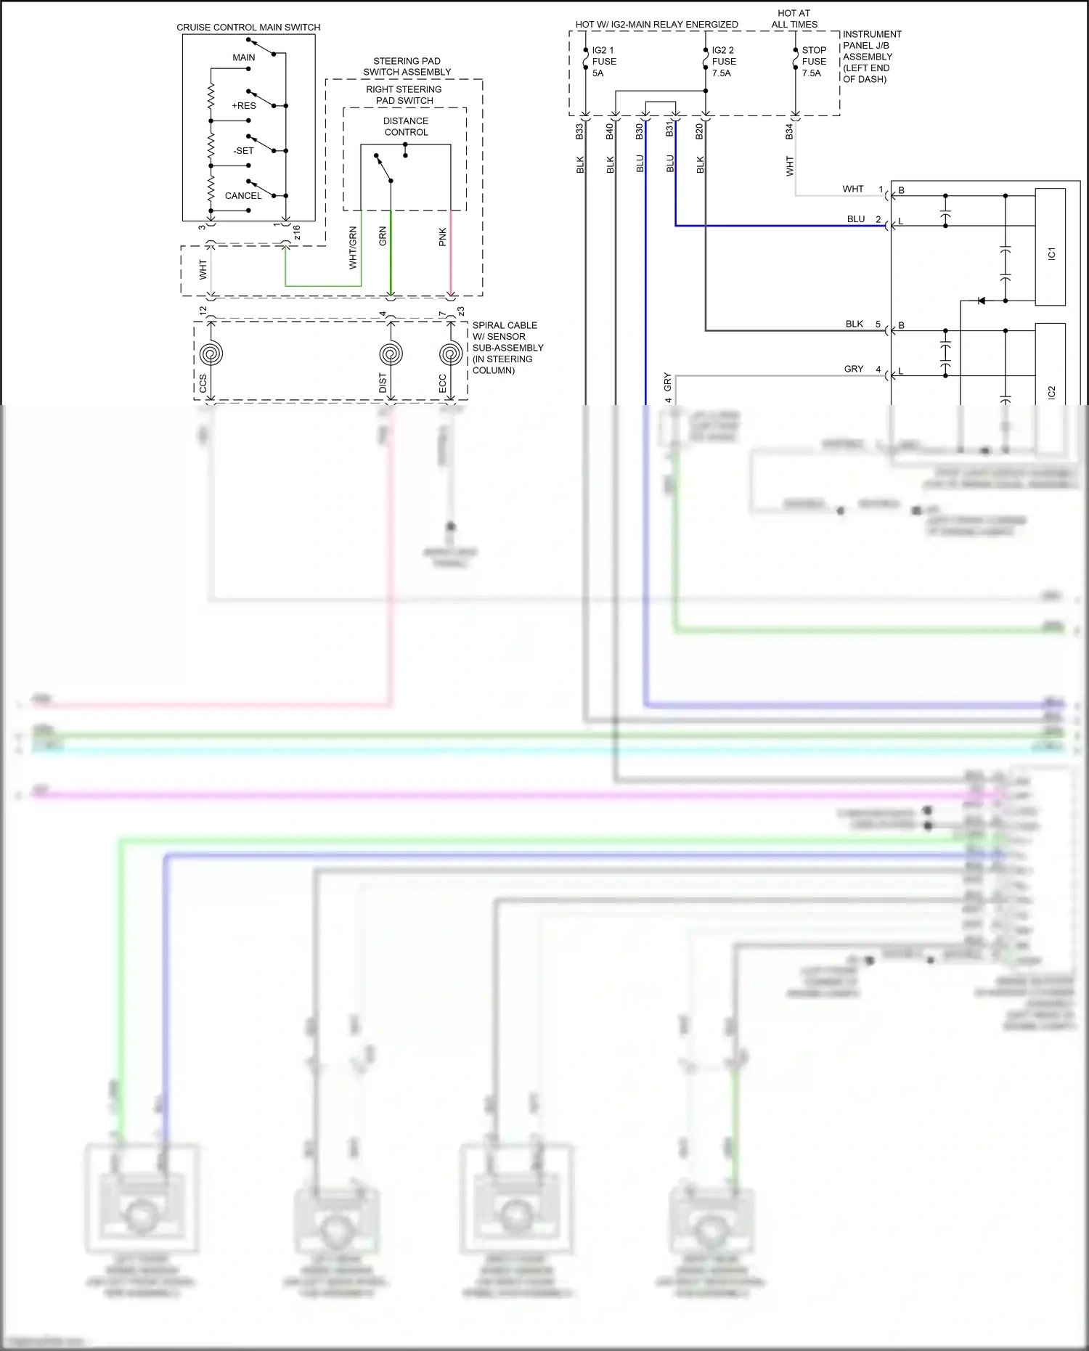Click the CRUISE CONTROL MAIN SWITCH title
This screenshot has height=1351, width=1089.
[248, 28]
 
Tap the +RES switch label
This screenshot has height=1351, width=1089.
[244, 106]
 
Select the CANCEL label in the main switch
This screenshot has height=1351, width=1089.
[243, 196]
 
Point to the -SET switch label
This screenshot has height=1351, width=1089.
[244, 151]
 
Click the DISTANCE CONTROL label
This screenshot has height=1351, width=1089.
[406, 127]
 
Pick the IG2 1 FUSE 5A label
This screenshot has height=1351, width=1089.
[603, 62]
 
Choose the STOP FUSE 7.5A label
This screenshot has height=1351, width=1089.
[814, 62]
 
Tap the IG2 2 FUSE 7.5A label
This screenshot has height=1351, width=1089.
[723, 62]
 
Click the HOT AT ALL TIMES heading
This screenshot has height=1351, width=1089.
[794, 19]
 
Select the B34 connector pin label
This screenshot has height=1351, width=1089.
[789, 131]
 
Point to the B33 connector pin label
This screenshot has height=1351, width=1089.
[579, 131]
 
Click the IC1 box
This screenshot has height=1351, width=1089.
[1051, 247]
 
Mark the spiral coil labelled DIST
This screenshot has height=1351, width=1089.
[391, 354]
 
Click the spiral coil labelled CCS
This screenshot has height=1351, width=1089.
[211, 354]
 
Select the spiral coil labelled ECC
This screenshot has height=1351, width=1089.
[451, 354]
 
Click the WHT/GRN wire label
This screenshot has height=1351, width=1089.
[354, 248]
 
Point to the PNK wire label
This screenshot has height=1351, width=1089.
[443, 237]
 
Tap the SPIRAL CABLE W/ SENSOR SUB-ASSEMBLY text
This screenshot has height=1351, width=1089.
[507, 348]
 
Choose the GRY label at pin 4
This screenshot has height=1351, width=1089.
[854, 370]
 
